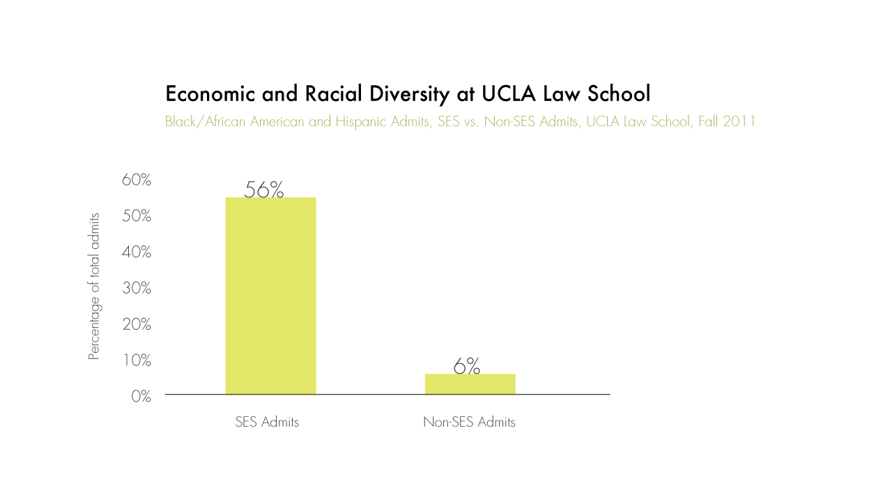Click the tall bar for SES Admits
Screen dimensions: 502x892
pyautogui.click(x=270, y=296)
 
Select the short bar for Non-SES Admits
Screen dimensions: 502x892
pyautogui.click(x=470, y=384)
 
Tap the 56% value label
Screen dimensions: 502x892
pyautogui.click(x=264, y=190)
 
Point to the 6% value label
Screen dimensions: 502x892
pyautogui.click(x=467, y=366)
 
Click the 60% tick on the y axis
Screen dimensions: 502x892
pyautogui.click(x=137, y=180)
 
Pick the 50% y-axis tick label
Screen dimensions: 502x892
pyautogui.click(x=137, y=216)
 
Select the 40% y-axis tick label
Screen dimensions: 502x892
pyautogui.click(x=137, y=252)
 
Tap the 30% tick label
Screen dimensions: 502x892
pyautogui.click(x=137, y=288)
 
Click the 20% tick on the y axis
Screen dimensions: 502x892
pyautogui.click(x=137, y=324)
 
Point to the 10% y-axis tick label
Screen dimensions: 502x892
pyautogui.click(x=137, y=360)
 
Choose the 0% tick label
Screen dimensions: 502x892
pyautogui.click(x=141, y=397)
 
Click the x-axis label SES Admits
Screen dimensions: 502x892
pyautogui.click(x=267, y=423)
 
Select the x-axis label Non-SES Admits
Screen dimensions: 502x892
pyautogui.click(x=469, y=423)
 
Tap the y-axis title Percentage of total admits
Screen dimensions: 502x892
pyautogui.click(x=94, y=287)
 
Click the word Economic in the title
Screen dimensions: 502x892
pyautogui.click(x=210, y=94)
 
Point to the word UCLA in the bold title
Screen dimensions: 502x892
pyautogui.click(x=509, y=94)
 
